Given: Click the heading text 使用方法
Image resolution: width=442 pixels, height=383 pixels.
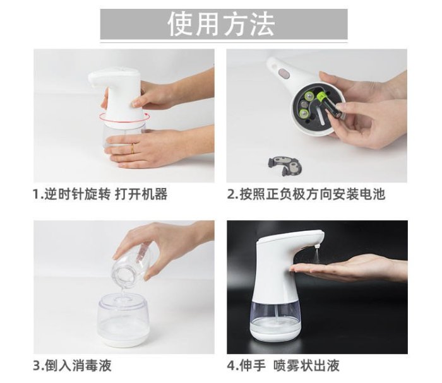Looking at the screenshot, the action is tap(221, 24).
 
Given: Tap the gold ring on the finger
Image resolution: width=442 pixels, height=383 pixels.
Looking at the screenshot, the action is tap(132, 148).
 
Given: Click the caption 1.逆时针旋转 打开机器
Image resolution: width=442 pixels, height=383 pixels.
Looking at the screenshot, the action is tap(100, 194).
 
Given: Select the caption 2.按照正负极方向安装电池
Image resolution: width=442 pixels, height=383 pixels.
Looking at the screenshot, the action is tap(306, 194).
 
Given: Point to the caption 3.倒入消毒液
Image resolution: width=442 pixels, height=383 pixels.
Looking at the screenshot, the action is tap(72, 365).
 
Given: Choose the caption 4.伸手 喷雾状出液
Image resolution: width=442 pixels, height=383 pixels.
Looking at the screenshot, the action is tap(283, 365).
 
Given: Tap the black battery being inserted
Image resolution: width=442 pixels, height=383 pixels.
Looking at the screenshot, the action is tap(330, 105).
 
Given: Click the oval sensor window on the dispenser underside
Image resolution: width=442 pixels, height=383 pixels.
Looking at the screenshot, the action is tap(284, 74).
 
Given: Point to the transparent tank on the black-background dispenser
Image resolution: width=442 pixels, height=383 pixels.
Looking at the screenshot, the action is tap(275, 315).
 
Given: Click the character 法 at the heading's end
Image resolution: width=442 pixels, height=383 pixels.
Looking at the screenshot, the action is tap(261, 24).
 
